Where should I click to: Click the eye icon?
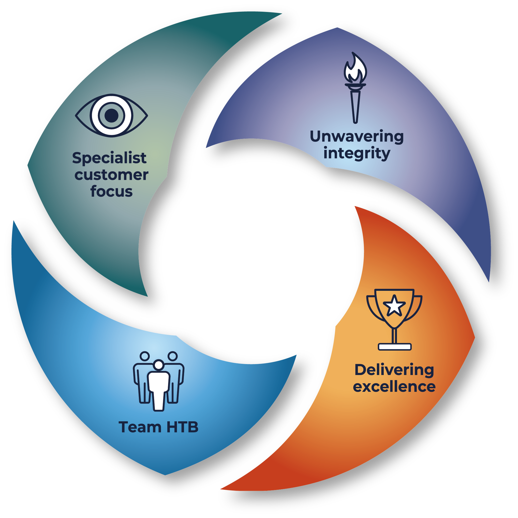coord(111,115)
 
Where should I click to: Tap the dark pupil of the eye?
coord(111,115)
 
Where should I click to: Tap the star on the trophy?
coord(394,306)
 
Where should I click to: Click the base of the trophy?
coord(394,347)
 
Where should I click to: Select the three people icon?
coord(158,381)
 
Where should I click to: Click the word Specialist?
coord(109,158)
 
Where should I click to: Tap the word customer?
coord(111,175)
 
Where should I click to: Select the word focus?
coord(111,192)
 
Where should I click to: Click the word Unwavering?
coord(357,137)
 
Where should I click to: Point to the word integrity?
coord(357,153)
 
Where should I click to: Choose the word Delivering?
coord(394,370)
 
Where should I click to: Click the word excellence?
coord(394,386)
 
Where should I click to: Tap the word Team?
coord(140,427)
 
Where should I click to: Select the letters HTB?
coord(182,427)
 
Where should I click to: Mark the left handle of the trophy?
coord(373,309)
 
